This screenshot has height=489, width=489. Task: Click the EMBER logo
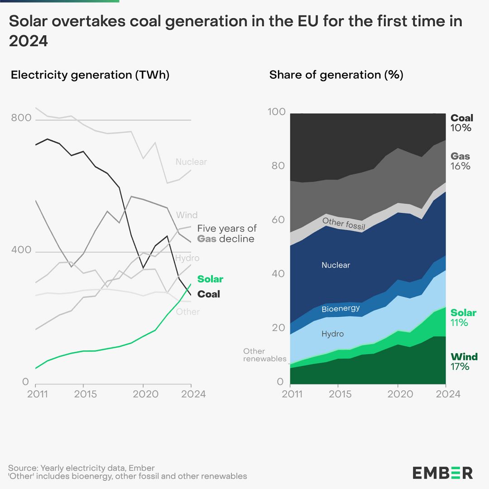pos(442,473)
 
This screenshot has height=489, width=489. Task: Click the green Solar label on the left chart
pos(210,279)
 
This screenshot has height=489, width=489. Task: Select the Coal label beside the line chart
pos(208,294)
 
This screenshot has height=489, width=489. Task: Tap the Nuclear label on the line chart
pos(191,162)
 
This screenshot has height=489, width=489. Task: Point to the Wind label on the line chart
pos(187,215)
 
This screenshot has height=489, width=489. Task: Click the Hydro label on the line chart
pos(187,258)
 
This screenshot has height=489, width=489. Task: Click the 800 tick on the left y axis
pos(21,118)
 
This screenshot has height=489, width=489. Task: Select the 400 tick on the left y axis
pos(21,250)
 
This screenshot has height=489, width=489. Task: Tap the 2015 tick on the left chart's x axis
pos(86,394)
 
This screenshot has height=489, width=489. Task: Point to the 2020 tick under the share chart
pos(398,394)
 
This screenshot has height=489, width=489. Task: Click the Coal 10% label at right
pos(461,123)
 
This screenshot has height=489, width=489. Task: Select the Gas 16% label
pos(460,161)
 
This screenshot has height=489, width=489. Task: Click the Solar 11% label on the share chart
pos(463,317)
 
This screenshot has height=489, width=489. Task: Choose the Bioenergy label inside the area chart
pos(340,309)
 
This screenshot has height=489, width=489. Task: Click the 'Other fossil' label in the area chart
pos(344,223)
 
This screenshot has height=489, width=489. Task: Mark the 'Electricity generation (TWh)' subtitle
pos(90,75)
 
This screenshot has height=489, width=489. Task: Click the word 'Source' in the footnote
pos(23,468)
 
